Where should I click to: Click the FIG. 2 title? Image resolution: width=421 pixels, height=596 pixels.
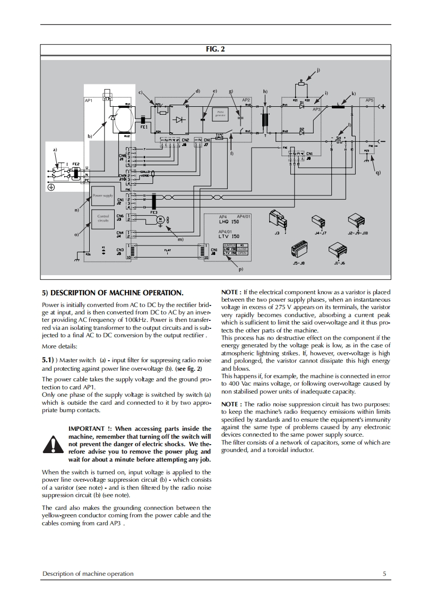click(x=215, y=49)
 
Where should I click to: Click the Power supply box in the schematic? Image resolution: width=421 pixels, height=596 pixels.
click(x=103, y=196)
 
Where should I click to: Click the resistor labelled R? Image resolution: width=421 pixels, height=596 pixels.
click(x=301, y=83)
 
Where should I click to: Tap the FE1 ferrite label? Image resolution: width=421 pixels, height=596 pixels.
click(x=144, y=127)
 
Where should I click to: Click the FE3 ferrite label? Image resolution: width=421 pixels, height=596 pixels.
click(x=154, y=212)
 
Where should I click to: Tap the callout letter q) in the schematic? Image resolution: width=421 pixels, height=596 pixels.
click(x=377, y=172)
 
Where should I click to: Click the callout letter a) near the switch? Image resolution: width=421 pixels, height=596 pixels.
click(x=54, y=150)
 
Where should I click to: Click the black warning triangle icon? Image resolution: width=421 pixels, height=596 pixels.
click(x=53, y=443)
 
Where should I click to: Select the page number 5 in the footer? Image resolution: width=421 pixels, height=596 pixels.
click(x=384, y=573)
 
